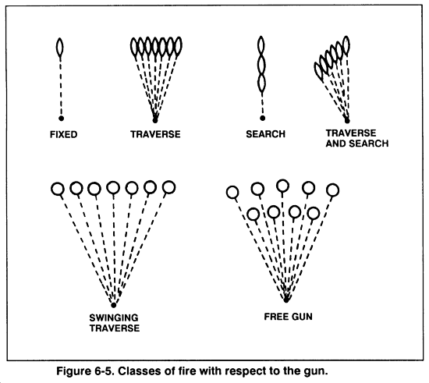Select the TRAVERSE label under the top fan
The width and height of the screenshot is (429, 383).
(155, 134)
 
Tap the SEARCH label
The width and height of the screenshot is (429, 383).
(265, 134)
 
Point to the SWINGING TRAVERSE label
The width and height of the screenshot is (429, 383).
(115, 323)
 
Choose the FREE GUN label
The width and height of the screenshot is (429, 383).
(286, 318)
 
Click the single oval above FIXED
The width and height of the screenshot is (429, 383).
(60, 48)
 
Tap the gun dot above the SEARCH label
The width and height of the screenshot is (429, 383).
(263, 119)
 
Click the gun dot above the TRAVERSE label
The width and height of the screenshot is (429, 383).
(154, 119)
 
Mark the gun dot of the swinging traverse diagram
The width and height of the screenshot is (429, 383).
(114, 303)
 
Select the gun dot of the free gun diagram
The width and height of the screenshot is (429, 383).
(286, 299)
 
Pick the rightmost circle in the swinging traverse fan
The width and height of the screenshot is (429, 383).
(168, 187)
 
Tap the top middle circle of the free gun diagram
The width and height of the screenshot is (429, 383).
(283, 186)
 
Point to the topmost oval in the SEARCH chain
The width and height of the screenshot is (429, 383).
(262, 46)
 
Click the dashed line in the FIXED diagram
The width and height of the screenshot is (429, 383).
(60, 86)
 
